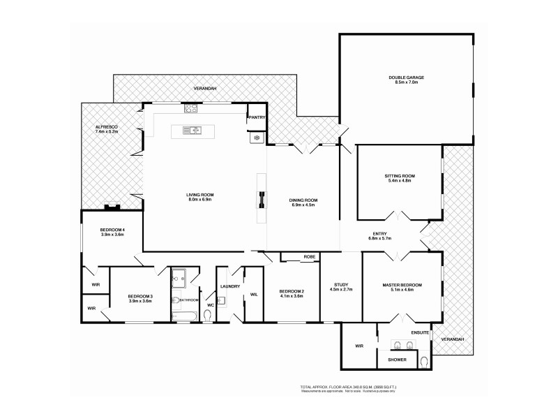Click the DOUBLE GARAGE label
[x=407, y=78]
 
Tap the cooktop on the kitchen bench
[x=190, y=108]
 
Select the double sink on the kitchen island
[x=191, y=129]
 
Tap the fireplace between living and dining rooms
[x=262, y=200]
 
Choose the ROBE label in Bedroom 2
[x=310, y=257]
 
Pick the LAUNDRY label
[x=229, y=286]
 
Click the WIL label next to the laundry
[x=253, y=295]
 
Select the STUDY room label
[x=341, y=284]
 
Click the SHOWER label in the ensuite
[x=397, y=360]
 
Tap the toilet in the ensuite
[x=425, y=361]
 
